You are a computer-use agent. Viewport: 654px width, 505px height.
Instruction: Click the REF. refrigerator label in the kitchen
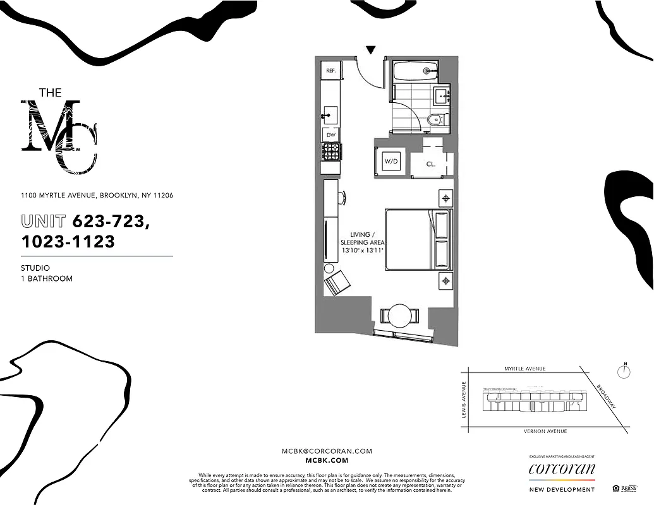tap(330, 71)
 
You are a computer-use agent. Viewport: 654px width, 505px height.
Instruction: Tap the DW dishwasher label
tap(330, 134)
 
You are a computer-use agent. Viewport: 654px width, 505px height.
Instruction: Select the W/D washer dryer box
tap(392, 162)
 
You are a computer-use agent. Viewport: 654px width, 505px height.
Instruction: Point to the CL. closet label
tap(431, 163)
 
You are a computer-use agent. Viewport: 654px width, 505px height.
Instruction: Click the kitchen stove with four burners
tap(330, 151)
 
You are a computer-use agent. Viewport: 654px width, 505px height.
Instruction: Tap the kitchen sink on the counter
tap(330, 114)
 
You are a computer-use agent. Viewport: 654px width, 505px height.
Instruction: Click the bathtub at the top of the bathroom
tap(415, 70)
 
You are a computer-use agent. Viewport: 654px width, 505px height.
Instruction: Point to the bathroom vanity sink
tap(442, 96)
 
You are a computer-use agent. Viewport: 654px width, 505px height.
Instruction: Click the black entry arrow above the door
tap(371, 50)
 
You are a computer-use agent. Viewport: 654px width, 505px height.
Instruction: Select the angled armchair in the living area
tap(336, 282)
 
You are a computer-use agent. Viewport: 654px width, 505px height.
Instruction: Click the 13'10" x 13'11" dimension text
tap(363, 251)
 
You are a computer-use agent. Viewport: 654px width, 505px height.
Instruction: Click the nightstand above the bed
tap(445, 198)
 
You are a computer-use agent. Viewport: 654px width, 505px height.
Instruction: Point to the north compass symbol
tap(624, 371)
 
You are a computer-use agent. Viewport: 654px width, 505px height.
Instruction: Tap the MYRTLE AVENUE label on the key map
tap(524, 369)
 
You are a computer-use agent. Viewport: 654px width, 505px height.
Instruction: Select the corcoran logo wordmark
tap(562, 469)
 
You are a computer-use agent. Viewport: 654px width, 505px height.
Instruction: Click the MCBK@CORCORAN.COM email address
tap(327, 451)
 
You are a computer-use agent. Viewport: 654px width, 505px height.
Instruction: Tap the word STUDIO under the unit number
tap(35, 268)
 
